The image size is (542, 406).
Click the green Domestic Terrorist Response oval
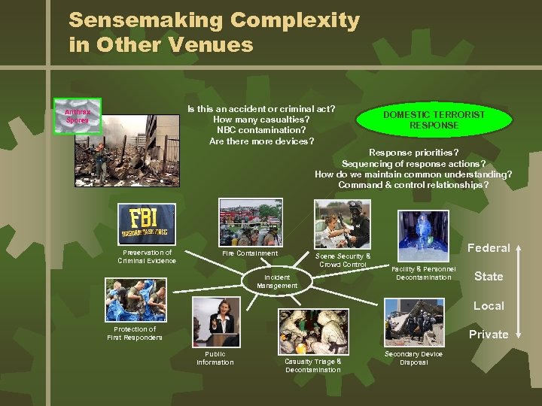pos(434,120)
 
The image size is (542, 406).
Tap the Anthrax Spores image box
pos(78,116)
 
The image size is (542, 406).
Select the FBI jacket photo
pos(148,223)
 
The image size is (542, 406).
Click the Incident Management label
pos(277,282)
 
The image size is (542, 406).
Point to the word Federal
pos(489,248)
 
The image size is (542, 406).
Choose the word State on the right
pos(489,277)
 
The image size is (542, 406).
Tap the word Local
pos(489,306)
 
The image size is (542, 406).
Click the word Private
pos(489,335)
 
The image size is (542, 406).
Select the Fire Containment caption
pos(250,253)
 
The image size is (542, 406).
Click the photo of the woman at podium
pos(215,320)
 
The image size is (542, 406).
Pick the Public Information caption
pos(215,358)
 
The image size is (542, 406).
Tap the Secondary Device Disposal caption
pos(413,358)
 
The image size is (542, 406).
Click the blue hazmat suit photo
pos(423,234)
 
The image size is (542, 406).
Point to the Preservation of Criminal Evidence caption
pos(147,256)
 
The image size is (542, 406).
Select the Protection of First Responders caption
pos(135,333)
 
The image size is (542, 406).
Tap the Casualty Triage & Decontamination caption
pos(312,365)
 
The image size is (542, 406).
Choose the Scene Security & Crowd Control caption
pos(343,260)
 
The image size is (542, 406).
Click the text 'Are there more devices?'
pos(261,141)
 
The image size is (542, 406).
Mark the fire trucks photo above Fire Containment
pos(250,222)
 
